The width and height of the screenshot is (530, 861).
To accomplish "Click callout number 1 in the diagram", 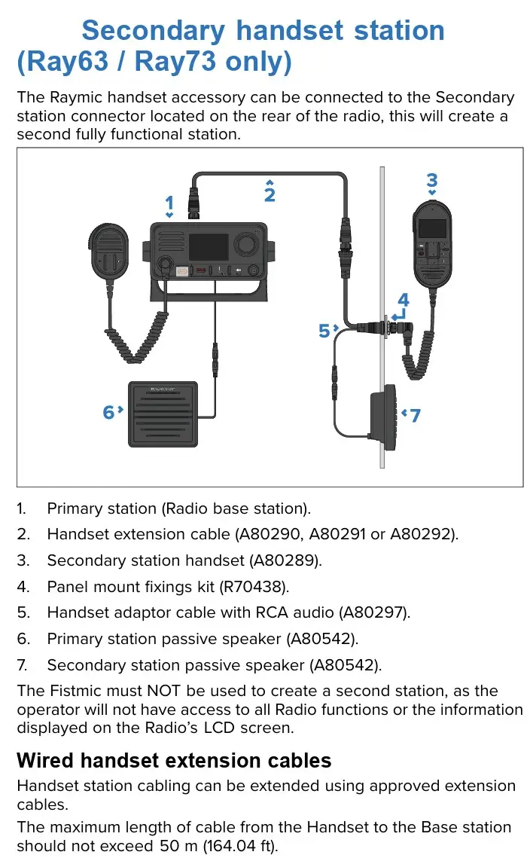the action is (169, 203).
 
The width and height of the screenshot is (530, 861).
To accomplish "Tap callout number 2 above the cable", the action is (270, 194).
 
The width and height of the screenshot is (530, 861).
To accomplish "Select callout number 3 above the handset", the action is (432, 180).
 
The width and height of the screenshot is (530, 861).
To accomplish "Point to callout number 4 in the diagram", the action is (404, 300).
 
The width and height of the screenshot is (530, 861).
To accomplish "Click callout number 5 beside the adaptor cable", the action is (324, 331).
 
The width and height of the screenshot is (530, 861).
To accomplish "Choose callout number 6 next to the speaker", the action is (108, 412).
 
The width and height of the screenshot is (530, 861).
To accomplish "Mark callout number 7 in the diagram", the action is (416, 415).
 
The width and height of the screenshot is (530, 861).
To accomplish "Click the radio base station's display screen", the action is (209, 247).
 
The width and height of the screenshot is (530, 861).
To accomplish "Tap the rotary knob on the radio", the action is (246, 243).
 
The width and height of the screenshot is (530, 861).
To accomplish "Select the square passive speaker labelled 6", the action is (163, 414).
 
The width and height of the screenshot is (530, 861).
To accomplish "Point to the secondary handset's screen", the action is (432, 228).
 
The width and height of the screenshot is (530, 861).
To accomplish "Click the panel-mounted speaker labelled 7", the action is (383, 412).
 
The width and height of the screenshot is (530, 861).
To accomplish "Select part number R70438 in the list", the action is (252, 587).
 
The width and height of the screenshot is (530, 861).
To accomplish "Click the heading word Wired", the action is (45, 761).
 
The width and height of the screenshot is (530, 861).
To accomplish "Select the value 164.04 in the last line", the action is (232, 846).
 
